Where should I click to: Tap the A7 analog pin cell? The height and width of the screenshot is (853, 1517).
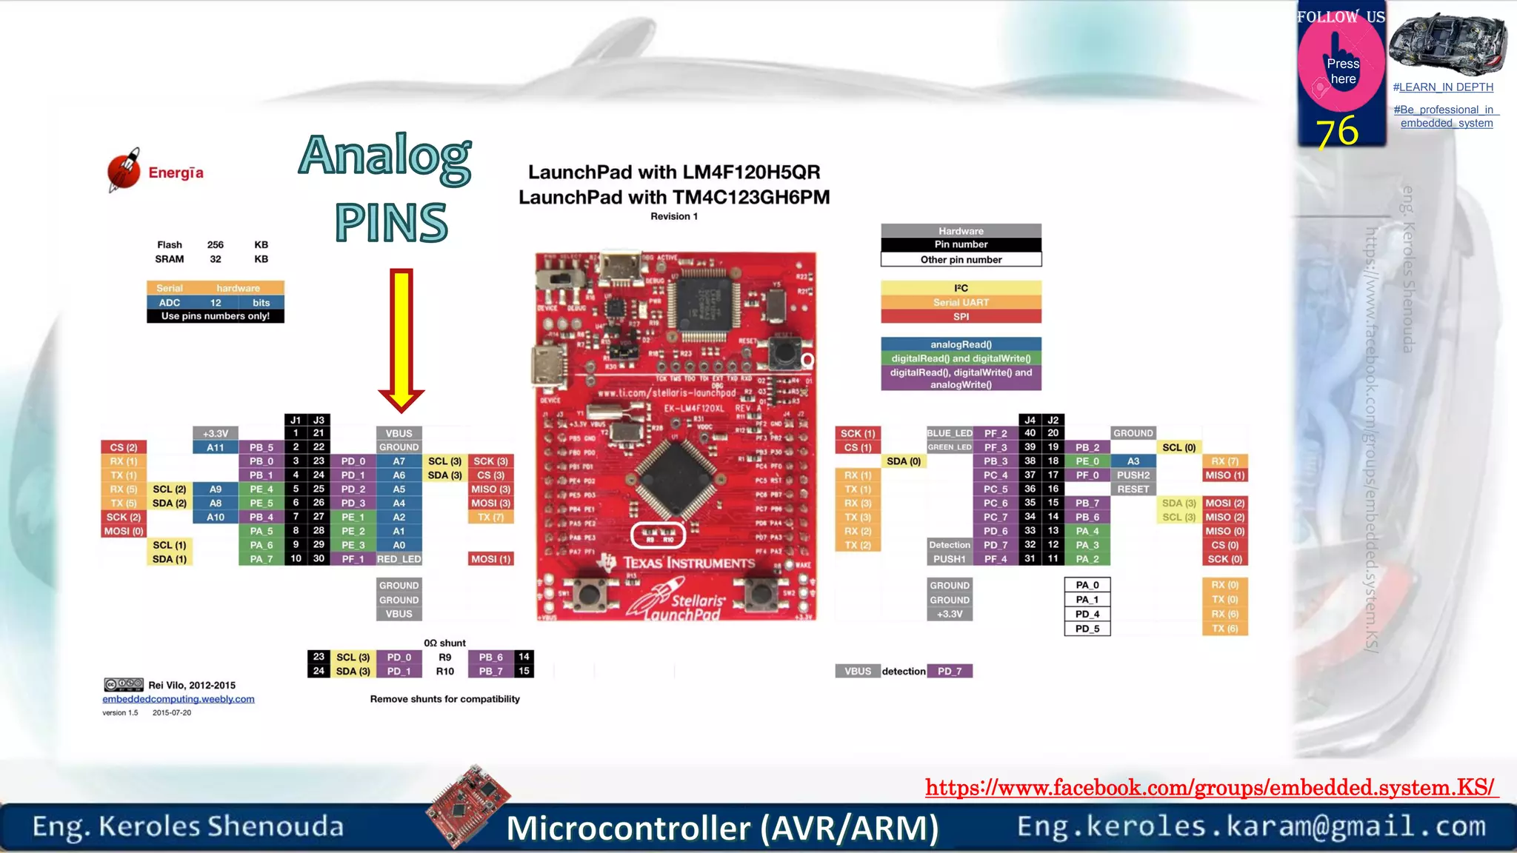tap(399, 461)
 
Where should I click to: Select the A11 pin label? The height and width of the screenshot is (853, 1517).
tap(216, 447)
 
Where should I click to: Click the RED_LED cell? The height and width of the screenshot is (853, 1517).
tap(399, 559)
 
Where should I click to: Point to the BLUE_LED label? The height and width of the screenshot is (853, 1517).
tap(950, 433)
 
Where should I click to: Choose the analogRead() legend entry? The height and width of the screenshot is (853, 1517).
tap(961, 344)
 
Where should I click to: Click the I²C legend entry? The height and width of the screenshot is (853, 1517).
tap(961, 288)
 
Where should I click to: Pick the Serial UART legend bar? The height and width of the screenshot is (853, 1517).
tap(961, 302)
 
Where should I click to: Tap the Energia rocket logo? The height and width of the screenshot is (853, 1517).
tap(124, 170)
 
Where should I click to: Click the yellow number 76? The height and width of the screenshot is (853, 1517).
tap(1337, 132)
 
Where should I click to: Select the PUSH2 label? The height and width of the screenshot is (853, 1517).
tap(1133, 475)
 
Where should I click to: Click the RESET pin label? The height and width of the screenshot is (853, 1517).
tap(1133, 489)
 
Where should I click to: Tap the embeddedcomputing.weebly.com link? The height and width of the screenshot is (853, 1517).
tap(179, 699)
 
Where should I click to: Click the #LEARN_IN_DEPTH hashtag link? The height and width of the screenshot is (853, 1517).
tap(1443, 87)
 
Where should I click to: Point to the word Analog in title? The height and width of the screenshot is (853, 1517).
tap(385, 156)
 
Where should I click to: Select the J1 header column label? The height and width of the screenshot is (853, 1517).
tap(296, 420)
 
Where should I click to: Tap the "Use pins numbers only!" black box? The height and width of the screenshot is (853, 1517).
tap(216, 316)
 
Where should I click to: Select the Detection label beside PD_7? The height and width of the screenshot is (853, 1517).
tap(950, 545)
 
